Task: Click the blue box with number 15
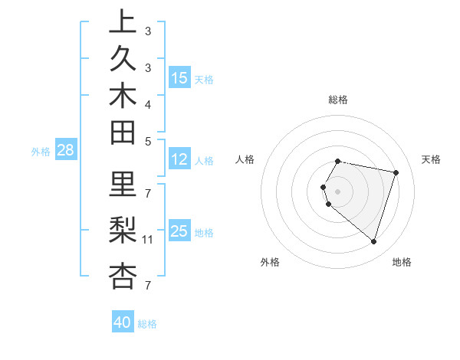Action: click(x=179, y=78)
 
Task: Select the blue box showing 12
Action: click(x=179, y=160)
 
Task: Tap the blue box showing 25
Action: click(x=179, y=231)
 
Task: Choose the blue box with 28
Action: click(x=66, y=151)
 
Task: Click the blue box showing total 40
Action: click(x=123, y=322)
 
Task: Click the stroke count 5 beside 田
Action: click(x=148, y=141)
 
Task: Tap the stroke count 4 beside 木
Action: click(x=148, y=103)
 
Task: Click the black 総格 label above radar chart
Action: click(x=338, y=100)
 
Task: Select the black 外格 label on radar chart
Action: click(x=270, y=262)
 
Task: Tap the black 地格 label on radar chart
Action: click(x=402, y=262)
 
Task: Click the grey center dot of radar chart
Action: click(x=338, y=191)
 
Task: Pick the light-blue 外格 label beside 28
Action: click(x=41, y=152)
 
